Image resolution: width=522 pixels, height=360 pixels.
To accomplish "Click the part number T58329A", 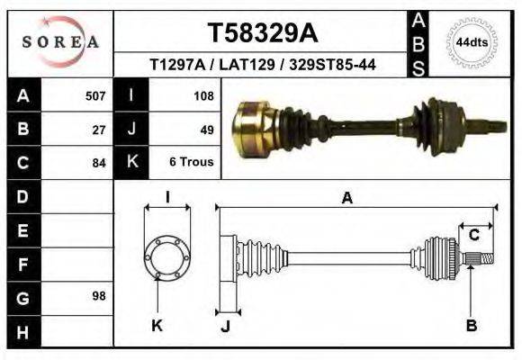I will [263, 33].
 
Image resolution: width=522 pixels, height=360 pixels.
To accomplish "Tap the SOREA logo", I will [59, 42].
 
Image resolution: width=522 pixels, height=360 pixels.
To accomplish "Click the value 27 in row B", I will [99, 129].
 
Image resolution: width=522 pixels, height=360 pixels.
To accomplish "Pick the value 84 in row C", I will [99, 164].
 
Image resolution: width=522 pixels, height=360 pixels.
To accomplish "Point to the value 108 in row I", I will [202, 94].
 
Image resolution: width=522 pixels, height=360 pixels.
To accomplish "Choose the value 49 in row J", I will [206, 129].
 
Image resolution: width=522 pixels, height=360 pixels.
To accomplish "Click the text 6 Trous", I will [191, 163].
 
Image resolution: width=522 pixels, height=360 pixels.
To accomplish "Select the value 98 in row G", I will [99, 296].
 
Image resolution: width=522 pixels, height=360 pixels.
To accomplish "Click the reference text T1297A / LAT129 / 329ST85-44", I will [263, 65].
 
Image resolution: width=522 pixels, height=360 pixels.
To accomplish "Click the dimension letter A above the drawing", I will [347, 199].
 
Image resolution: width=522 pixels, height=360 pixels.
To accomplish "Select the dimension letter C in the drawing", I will [473, 236].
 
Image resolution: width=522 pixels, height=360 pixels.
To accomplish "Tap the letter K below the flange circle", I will [157, 326].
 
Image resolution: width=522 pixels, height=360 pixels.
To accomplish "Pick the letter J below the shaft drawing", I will [225, 326].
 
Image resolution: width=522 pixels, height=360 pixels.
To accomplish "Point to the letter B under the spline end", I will [471, 326].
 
